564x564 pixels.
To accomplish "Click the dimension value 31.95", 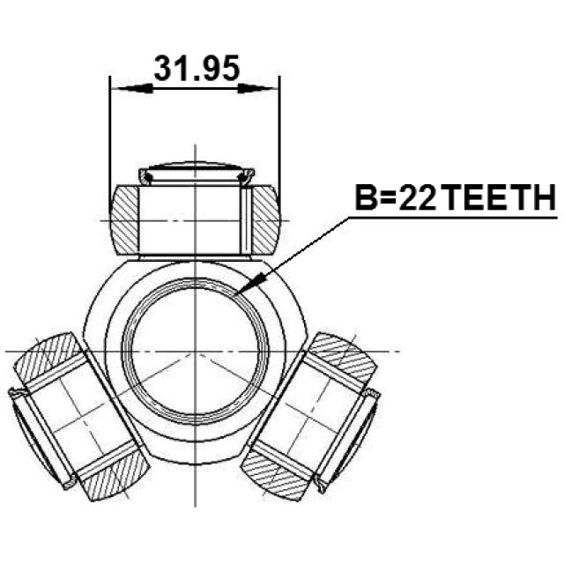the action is [197, 69].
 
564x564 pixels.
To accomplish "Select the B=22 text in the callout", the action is [396, 197].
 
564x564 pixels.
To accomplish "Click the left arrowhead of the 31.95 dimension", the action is [131, 88].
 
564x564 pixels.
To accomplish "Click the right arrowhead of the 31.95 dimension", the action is [257, 88].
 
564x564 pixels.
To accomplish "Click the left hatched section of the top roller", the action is [123, 220].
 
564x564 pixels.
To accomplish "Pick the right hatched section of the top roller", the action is [265, 220].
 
